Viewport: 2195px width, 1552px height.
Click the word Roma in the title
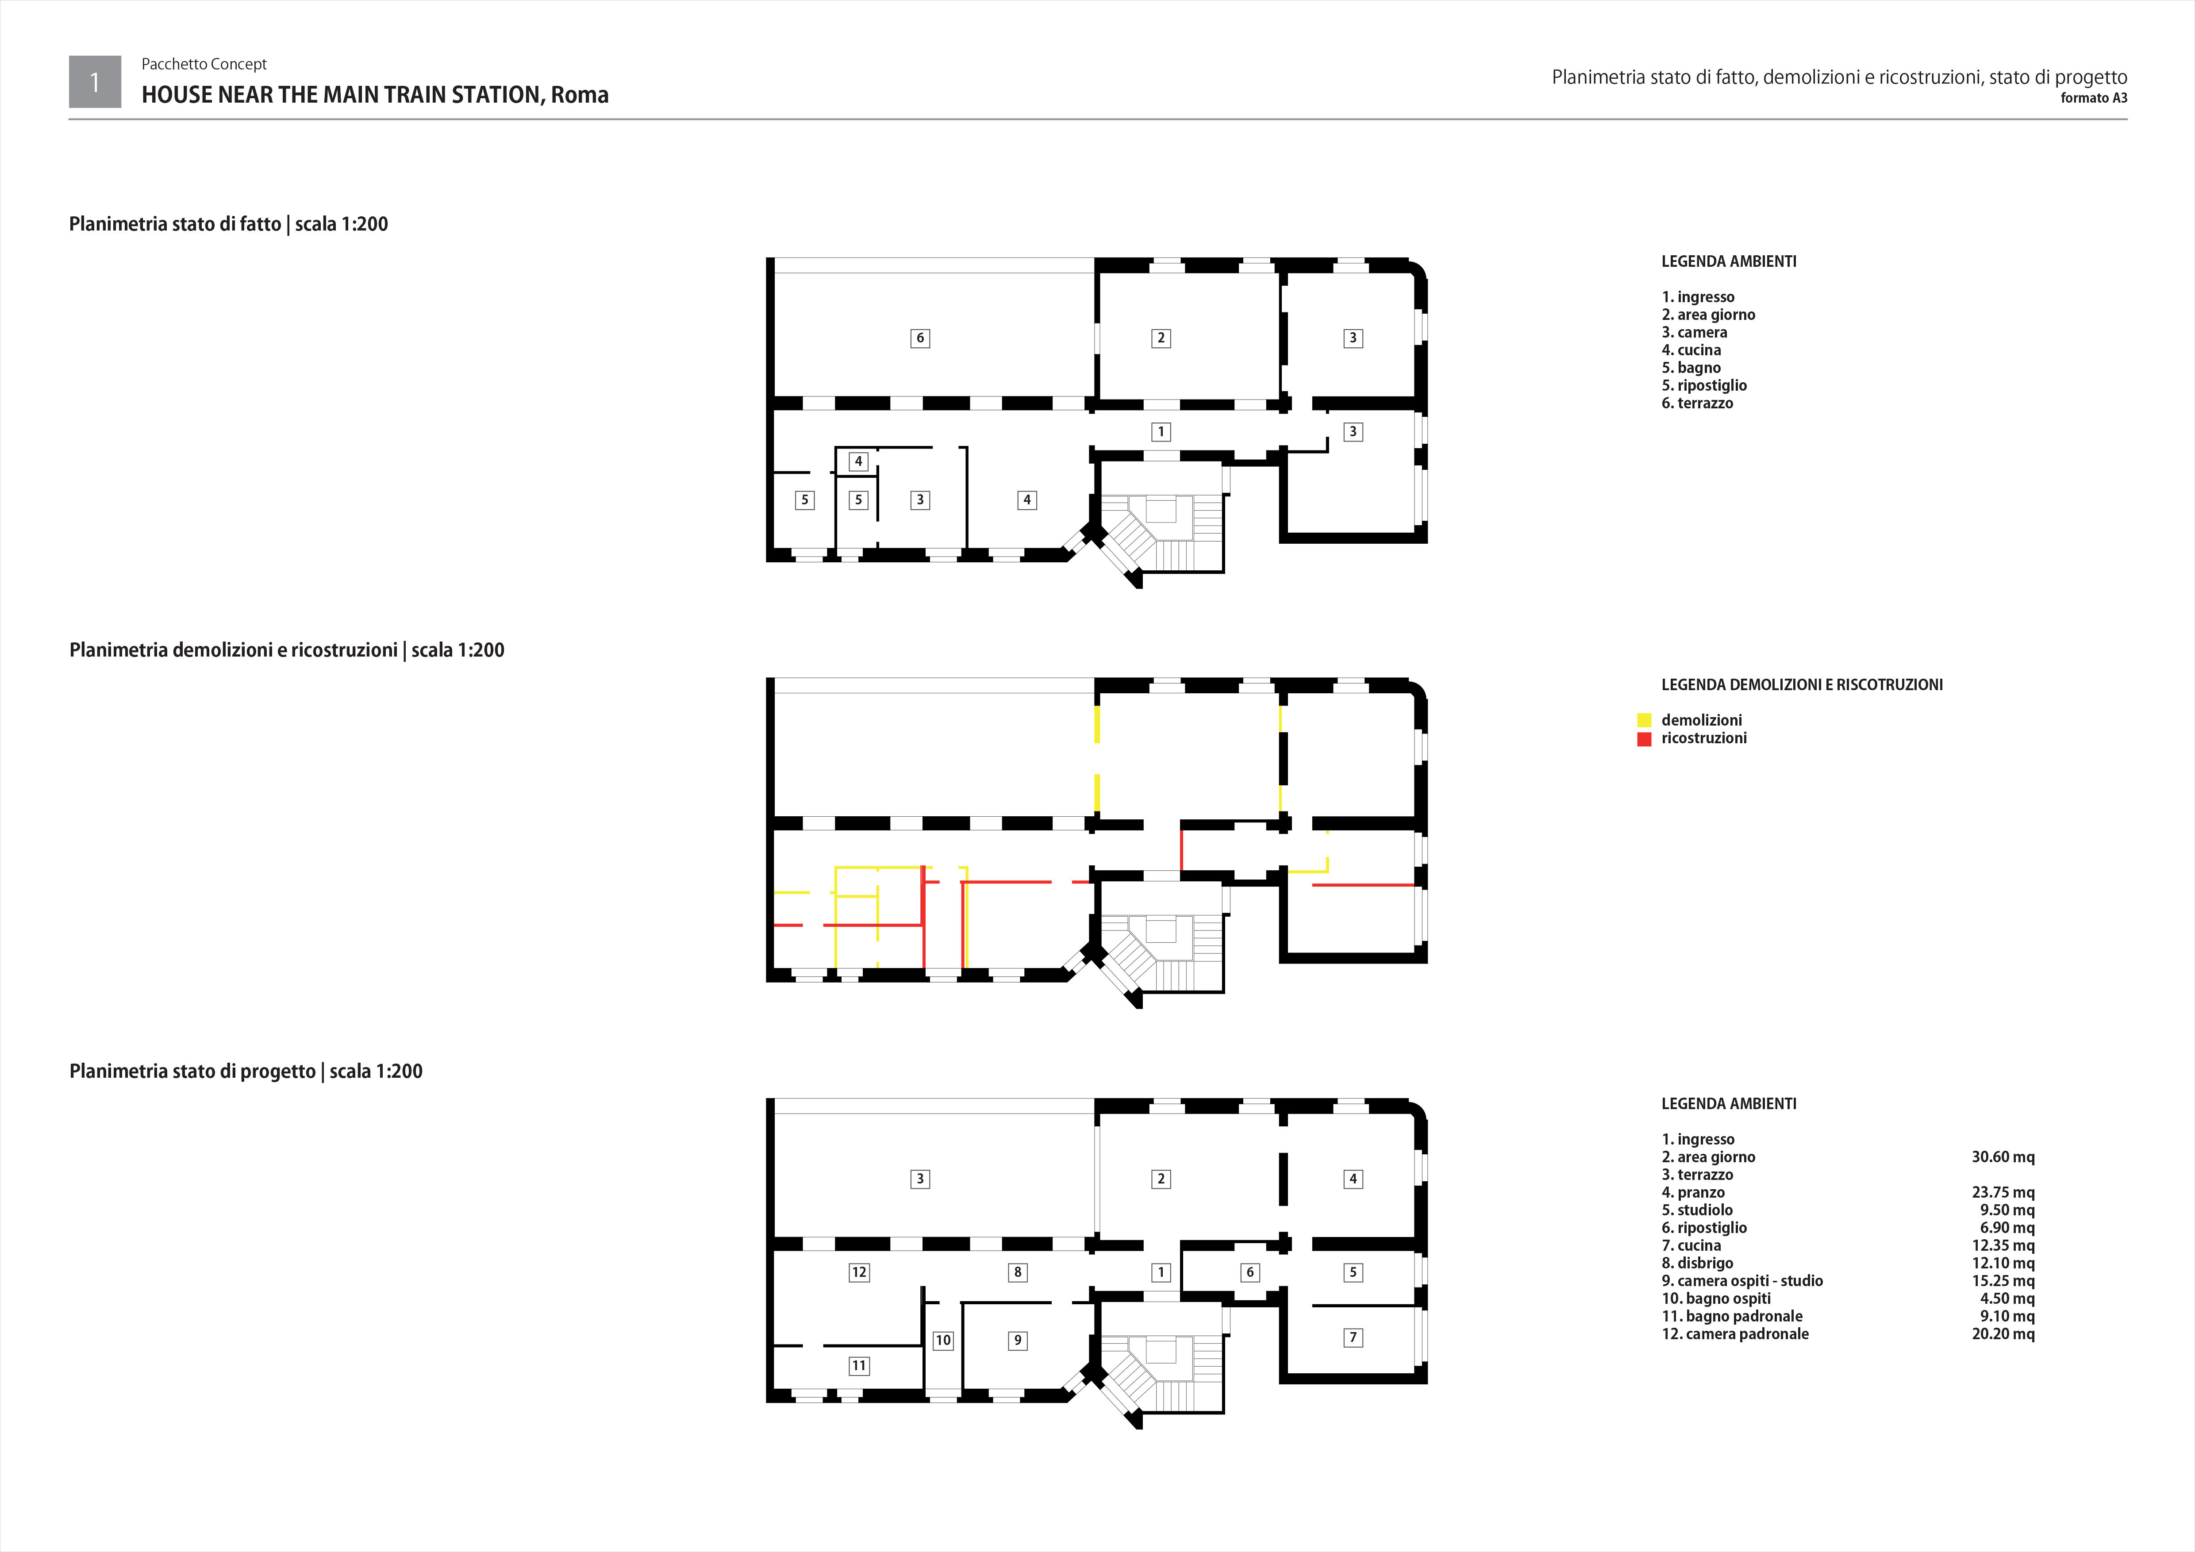[x=579, y=95]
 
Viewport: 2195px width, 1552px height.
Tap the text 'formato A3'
[x=2094, y=97]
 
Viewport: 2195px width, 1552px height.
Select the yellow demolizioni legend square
[x=1644, y=721]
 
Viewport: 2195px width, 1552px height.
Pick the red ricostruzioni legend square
[x=1644, y=739]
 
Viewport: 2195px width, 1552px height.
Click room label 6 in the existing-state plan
[x=920, y=338]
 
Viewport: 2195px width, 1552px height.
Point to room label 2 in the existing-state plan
[x=1161, y=338]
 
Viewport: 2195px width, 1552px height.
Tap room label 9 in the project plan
[x=1017, y=1340]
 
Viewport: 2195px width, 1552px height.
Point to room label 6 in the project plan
[x=1249, y=1272]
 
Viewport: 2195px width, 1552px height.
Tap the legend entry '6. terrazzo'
[x=1697, y=403]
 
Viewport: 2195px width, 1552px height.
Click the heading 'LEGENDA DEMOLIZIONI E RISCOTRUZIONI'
[x=1802, y=684]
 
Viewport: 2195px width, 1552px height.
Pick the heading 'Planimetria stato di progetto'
[x=192, y=1071]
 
